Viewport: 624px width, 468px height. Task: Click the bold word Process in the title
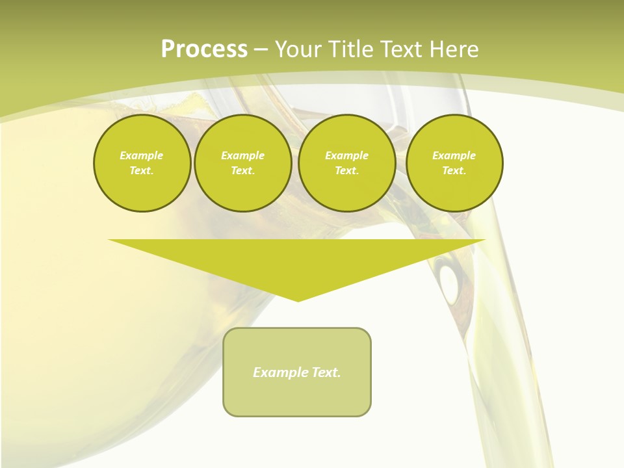coord(204,49)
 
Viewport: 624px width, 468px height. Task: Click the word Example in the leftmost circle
coord(142,155)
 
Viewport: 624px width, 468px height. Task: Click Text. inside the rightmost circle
coord(454,170)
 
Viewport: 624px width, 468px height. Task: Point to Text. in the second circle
coord(242,170)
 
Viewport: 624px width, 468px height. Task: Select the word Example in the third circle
coord(346,155)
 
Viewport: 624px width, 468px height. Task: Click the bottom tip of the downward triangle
coord(298,300)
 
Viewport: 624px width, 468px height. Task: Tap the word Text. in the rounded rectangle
coord(326,372)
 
